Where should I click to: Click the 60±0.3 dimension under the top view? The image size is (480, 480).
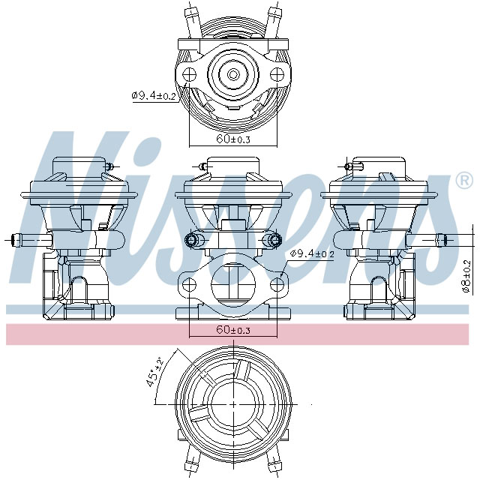232,139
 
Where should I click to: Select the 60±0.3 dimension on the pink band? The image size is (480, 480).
232,330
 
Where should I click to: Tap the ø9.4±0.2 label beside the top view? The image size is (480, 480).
154,96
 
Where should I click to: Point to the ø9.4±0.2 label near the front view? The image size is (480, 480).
311,254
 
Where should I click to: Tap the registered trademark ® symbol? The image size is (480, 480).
464,180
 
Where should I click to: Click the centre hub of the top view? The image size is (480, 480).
233,74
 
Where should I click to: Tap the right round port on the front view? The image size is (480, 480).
274,240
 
